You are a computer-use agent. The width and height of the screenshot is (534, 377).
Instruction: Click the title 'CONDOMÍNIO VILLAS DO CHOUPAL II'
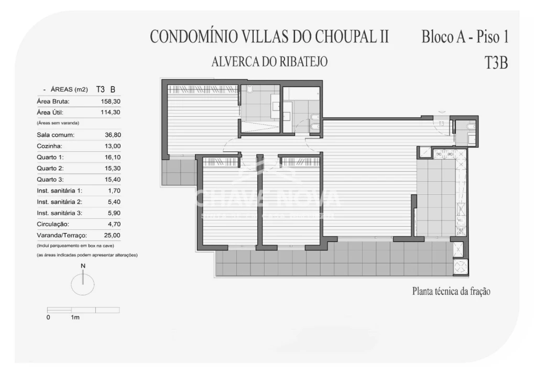tap(269, 37)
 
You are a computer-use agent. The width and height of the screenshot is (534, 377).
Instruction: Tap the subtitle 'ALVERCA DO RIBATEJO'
tap(269, 62)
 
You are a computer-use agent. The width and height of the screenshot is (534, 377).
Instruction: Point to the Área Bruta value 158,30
tap(111, 101)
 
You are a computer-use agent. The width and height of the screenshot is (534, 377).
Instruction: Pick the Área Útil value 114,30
tap(111, 112)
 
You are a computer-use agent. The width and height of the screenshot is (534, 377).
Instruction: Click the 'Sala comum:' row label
tap(56, 135)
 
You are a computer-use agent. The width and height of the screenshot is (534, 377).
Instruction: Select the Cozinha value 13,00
tap(113, 146)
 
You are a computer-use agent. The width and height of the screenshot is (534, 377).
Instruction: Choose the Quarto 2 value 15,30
tap(113, 168)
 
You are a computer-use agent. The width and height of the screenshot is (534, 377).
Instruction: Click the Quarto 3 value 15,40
tap(113, 180)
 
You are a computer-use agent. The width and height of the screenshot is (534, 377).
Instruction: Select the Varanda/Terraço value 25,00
tap(113, 236)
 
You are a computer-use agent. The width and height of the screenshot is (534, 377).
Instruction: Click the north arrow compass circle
tap(83, 284)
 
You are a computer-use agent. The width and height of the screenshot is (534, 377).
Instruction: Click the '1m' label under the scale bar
tap(75, 317)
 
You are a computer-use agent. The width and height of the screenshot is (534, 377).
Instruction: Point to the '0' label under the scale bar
tap(48, 317)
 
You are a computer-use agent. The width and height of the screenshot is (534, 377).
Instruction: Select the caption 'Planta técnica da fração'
tap(451, 292)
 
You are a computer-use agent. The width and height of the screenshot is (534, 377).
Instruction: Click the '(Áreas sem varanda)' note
tap(58, 123)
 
